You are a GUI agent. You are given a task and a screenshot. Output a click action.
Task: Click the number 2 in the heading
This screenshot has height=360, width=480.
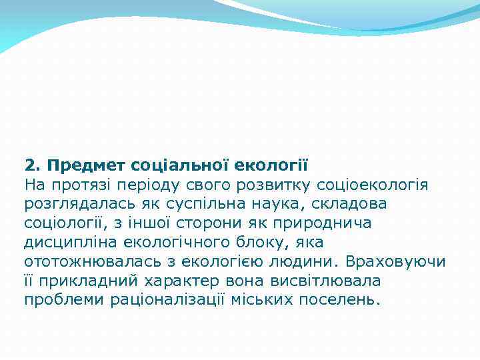[x=29, y=164]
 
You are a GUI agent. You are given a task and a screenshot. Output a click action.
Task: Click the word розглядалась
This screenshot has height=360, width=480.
[x=81, y=203]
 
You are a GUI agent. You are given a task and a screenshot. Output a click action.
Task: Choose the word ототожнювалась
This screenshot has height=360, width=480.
[x=91, y=261]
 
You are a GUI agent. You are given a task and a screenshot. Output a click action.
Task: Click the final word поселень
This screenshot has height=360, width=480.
[x=338, y=299]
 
